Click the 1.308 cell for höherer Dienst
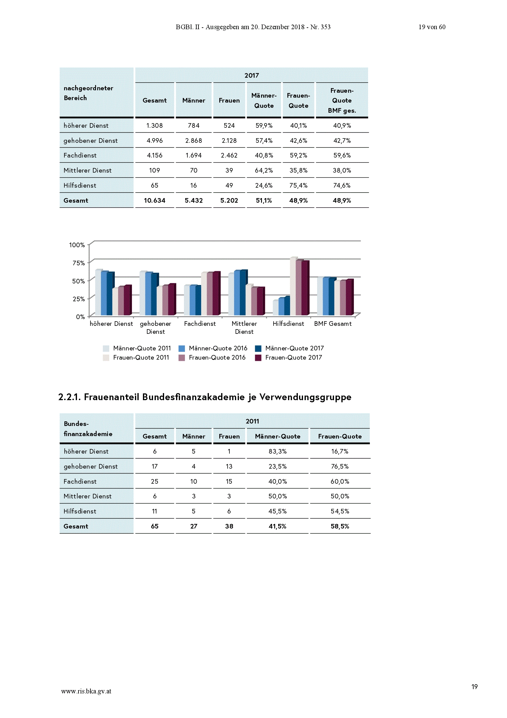click(154, 125)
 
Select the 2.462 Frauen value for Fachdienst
click(229, 155)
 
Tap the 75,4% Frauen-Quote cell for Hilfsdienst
click(298, 185)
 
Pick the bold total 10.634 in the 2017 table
click(154, 200)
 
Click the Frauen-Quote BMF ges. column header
click(342, 100)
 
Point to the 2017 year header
click(252, 75)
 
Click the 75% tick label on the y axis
click(79, 263)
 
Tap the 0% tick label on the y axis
click(80, 317)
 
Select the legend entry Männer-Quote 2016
click(213, 348)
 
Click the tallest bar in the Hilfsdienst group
click(293, 286)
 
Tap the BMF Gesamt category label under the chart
click(333, 324)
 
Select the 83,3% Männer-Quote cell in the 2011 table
click(277, 451)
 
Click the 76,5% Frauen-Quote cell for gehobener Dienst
click(340, 466)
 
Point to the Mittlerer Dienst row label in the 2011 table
click(87, 496)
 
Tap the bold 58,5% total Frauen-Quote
click(340, 526)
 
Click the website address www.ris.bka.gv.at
click(86, 691)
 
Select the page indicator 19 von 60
click(432, 27)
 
